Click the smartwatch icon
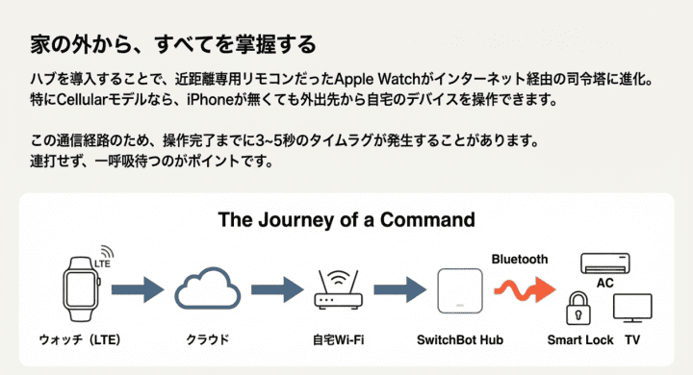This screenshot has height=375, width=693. tap(82, 289)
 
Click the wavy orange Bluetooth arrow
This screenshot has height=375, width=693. tap(525, 287)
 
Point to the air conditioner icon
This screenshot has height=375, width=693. tap(604, 262)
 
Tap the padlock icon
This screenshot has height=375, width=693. tap(577, 311)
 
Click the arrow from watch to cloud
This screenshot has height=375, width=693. tap(142, 288)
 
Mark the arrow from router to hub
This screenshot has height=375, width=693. tap(399, 288)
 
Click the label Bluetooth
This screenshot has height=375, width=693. tap(520, 259)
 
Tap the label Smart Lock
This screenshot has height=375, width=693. tap(578, 340)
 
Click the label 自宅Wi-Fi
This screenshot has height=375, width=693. tap(339, 340)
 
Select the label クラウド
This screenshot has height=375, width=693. tap(206, 340)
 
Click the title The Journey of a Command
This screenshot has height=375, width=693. tap(346, 219)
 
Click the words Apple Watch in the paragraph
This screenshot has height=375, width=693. tap(375, 78)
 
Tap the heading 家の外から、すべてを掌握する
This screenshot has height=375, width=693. tap(174, 45)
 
